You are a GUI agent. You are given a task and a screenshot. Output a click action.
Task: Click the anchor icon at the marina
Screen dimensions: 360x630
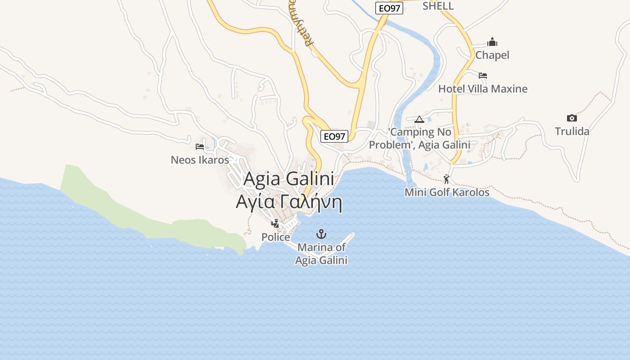(321, 234)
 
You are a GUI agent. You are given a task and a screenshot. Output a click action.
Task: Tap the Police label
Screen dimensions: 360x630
(275, 237)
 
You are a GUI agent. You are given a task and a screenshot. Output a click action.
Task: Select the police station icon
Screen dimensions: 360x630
(275, 223)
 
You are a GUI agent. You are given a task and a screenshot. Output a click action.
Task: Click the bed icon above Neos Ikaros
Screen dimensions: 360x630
(200, 146)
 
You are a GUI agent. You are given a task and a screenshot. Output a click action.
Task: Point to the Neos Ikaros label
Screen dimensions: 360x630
(200, 160)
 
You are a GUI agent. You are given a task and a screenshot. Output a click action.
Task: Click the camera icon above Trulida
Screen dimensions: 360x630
(572, 118)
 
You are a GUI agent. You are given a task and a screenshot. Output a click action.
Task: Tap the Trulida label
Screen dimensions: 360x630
(572, 131)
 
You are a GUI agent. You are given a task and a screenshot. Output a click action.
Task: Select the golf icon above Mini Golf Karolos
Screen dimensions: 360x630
(446, 179)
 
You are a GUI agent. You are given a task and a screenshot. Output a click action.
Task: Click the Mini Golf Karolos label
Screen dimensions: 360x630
(447, 193)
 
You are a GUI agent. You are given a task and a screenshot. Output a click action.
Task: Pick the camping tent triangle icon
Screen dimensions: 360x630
(419, 119)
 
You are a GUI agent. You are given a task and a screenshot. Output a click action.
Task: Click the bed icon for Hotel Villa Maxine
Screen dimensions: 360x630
(483, 75)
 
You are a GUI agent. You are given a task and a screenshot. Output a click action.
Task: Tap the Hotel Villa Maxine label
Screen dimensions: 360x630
(483, 89)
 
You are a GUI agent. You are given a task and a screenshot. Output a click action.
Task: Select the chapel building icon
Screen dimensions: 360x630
(492, 42)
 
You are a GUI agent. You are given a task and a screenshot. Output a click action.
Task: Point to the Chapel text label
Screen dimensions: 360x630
(492, 55)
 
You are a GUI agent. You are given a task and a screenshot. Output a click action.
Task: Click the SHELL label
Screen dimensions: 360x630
(438, 6)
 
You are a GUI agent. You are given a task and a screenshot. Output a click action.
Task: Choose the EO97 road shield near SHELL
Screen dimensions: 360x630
(389, 8)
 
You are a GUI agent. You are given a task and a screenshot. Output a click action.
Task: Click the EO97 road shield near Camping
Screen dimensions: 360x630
(334, 136)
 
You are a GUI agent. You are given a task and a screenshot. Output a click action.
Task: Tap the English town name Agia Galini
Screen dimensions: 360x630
(289, 179)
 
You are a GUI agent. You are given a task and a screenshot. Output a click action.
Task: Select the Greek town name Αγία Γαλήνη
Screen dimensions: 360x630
(289, 202)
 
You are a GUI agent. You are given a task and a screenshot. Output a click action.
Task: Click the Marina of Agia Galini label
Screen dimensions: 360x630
(321, 254)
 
